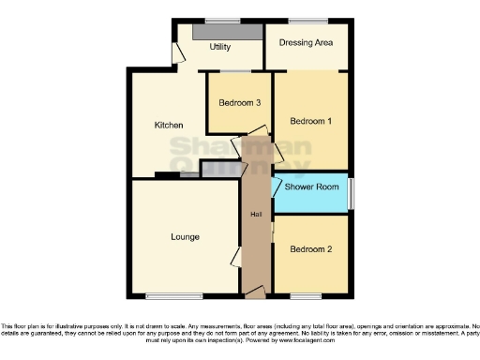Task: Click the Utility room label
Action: click(x=220, y=46)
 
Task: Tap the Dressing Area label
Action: click(x=307, y=42)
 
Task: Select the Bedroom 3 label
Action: click(x=240, y=102)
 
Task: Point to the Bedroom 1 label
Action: click(x=310, y=121)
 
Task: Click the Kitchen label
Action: click(x=168, y=126)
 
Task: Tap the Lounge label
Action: click(x=185, y=236)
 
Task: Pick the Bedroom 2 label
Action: click(x=310, y=249)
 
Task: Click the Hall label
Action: click(x=255, y=215)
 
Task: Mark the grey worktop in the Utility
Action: click(x=227, y=31)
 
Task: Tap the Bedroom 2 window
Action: click(x=305, y=295)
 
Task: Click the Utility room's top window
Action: click(x=222, y=21)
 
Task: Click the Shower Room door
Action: click(x=277, y=187)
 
